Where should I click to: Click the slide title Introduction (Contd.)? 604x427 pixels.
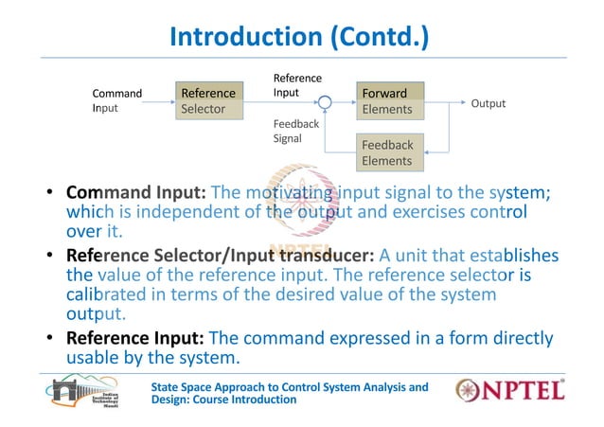[298, 37]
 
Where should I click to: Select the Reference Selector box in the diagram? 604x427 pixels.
[207, 100]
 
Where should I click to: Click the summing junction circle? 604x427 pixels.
[324, 101]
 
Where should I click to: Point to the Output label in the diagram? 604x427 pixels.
[489, 103]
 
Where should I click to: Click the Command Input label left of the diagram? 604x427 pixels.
[116, 100]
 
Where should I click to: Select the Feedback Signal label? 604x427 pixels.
[295, 131]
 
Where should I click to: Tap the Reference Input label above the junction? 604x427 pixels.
[296, 85]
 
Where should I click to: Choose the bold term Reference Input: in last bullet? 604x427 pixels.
[134, 338]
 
